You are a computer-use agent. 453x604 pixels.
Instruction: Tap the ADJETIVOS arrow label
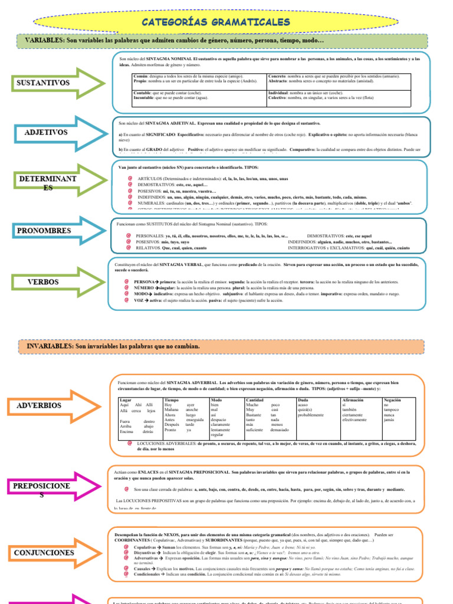tap(46, 133)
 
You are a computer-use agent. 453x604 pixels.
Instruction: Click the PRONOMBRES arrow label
tap(44, 231)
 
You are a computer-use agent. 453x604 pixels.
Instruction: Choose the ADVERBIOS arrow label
tap(40, 406)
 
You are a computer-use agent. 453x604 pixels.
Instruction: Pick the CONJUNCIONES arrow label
tap(44, 553)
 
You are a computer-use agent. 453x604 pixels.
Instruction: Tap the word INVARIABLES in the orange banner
tap(50, 345)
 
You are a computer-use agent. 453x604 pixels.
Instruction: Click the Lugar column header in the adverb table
tap(125, 400)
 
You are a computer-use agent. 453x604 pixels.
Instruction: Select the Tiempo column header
tap(172, 400)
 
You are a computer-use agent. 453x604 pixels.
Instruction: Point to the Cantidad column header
tap(255, 400)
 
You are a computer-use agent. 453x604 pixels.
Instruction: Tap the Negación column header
tap(393, 400)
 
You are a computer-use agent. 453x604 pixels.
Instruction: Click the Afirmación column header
tap(353, 400)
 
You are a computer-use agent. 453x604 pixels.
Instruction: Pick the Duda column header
tap(303, 400)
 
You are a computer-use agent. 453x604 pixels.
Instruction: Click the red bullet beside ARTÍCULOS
tap(129, 178)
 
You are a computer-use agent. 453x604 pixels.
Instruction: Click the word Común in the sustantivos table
tap(141, 77)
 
